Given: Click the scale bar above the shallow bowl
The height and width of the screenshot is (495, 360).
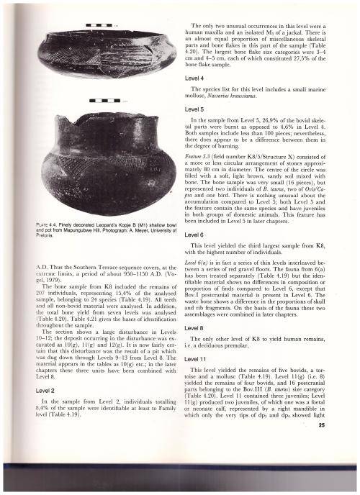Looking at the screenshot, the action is (99, 27).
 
